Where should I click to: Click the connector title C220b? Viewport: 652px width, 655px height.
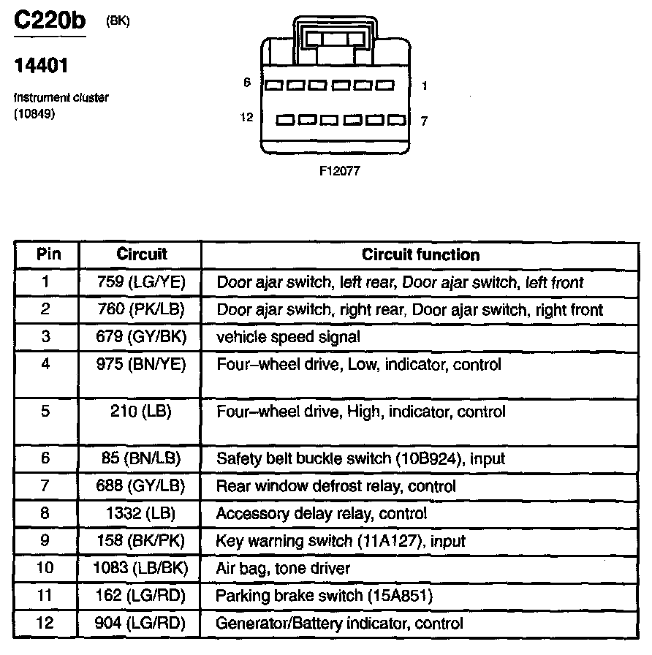[x=50, y=21]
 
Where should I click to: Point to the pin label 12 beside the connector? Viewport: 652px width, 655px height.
[x=246, y=117]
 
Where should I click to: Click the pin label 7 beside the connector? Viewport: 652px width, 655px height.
[x=424, y=121]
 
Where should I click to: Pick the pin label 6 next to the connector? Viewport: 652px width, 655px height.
[x=247, y=83]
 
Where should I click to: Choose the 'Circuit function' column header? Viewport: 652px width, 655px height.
[x=420, y=255]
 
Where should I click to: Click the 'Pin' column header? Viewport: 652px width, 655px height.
[x=47, y=254]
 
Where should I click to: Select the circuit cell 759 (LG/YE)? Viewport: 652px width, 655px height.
[x=141, y=281]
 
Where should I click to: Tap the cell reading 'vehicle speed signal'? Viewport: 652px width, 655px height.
[x=288, y=337]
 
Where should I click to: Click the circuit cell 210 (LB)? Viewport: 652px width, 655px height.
[x=141, y=412]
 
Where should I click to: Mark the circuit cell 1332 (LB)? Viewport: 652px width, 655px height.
[x=141, y=513]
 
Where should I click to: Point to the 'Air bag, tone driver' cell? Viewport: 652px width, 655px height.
[x=283, y=568]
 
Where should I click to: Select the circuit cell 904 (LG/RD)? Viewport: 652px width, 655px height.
[x=141, y=624]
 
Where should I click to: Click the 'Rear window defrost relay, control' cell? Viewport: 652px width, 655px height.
[x=336, y=486]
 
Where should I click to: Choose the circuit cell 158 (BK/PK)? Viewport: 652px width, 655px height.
[x=141, y=541]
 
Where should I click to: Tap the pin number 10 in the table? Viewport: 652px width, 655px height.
[x=46, y=568]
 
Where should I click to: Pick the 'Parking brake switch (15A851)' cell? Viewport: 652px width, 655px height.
[x=324, y=596]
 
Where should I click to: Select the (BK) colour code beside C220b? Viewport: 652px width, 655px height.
[x=118, y=21]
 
